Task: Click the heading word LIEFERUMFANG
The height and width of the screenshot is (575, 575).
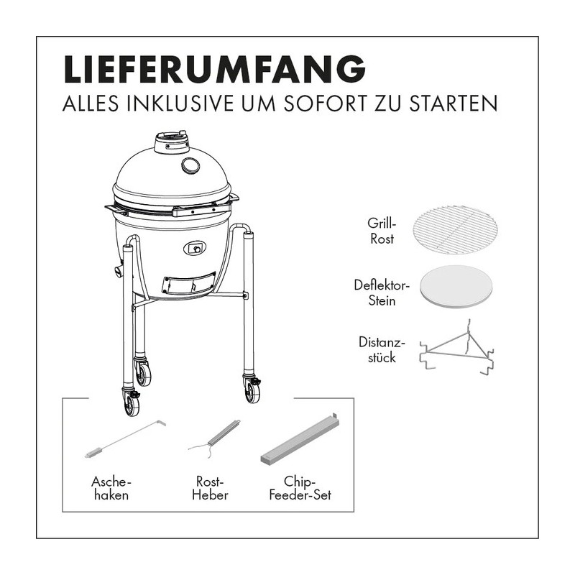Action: (214, 70)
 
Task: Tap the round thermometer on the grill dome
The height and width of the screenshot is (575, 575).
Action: (191, 166)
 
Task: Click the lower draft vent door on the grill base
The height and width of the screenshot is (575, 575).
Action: (188, 285)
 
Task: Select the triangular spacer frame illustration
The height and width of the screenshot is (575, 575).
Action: (457, 349)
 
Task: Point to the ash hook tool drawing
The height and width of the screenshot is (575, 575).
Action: (123, 439)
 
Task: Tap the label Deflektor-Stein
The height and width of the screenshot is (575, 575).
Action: (382, 293)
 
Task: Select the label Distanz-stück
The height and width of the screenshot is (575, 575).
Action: (381, 350)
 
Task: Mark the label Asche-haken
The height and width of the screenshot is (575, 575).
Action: (111, 487)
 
